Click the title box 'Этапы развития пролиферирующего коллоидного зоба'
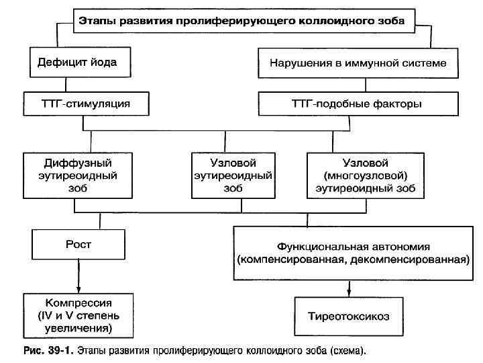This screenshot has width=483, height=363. click(x=241, y=22)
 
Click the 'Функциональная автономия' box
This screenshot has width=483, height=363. click(x=352, y=253)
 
